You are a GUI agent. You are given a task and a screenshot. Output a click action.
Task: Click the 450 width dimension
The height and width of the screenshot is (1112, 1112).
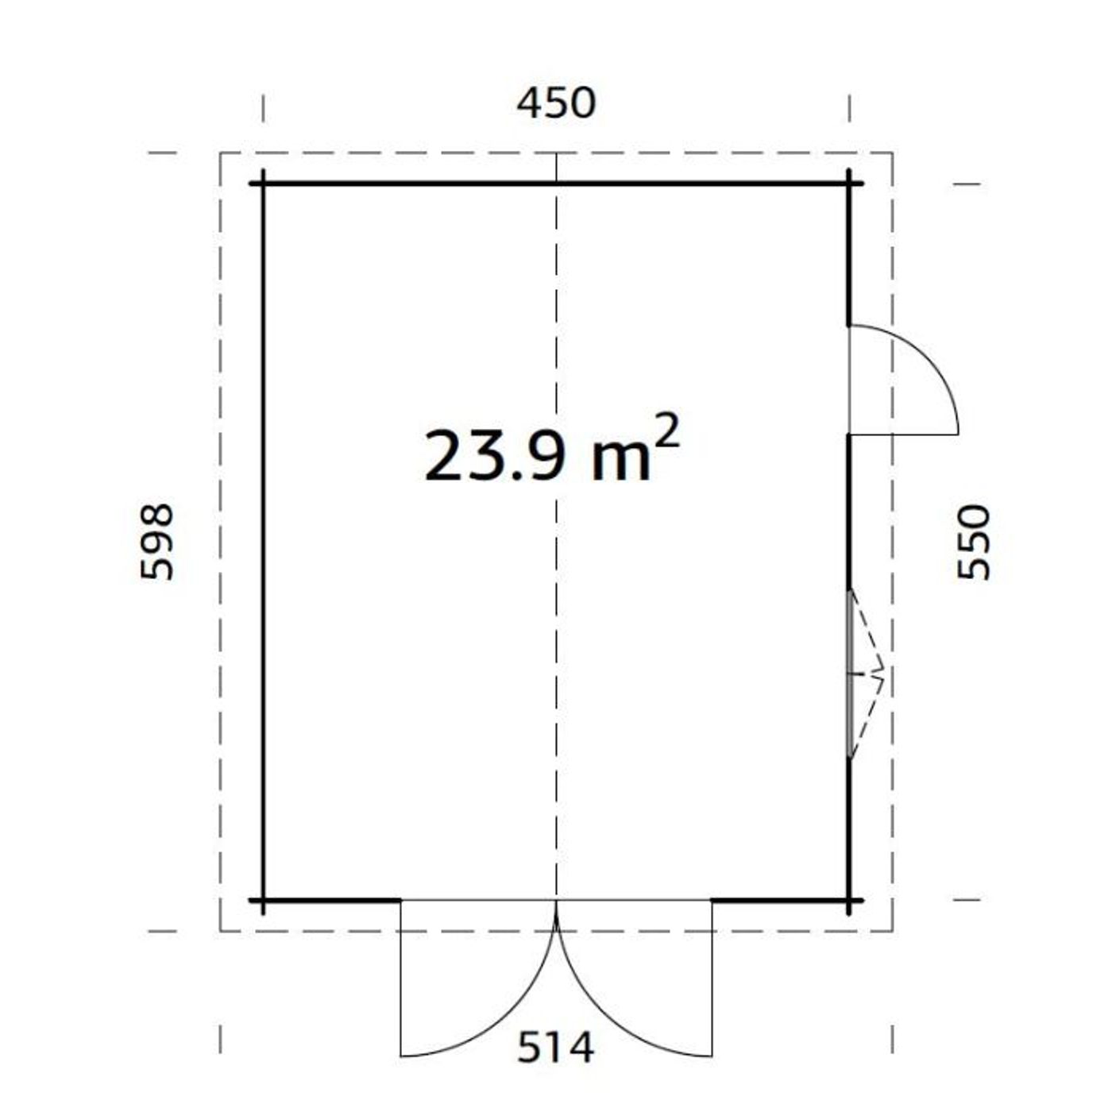pyautogui.click(x=555, y=104)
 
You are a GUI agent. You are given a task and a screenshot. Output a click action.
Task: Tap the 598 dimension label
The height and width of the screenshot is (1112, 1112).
pyautogui.click(x=157, y=542)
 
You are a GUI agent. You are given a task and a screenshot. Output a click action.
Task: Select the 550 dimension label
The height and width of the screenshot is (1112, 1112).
pyautogui.click(x=975, y=542)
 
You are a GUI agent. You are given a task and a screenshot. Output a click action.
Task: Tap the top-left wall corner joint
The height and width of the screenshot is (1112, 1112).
pyautogui.click(x=263, y=184)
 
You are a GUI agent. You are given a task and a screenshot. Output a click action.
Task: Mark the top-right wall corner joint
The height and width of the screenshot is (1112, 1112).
pyautogui.click(x=849, y=184)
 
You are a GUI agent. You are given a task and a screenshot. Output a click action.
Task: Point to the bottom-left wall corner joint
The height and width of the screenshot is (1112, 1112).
pyautogui.click(x=263, y=901)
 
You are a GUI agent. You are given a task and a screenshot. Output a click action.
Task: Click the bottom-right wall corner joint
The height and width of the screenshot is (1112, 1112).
pyautogui.click(x=849, y=901)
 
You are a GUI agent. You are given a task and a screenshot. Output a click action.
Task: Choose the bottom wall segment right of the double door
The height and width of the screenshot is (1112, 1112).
pyautogui.click(x=780, y=901)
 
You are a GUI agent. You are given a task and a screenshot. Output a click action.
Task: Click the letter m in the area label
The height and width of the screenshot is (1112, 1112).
pyautogui.click(x=622, y=462)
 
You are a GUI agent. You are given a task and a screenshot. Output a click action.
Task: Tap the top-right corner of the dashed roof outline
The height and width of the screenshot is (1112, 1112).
pyautogui.click(x=892, y=153)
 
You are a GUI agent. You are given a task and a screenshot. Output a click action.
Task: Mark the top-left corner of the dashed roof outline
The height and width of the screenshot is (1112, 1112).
pyautogui.click(x=221, y=153)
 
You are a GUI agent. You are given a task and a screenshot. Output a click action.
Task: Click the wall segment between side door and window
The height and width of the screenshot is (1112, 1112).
pyautogui.click(x=849, y=512)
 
